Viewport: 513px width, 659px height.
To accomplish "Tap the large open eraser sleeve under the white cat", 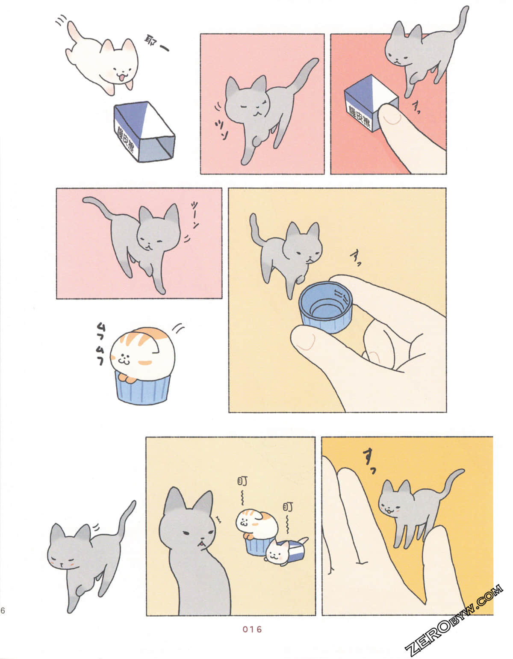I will pos(144,132).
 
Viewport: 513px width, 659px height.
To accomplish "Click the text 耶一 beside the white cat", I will pos(156,43).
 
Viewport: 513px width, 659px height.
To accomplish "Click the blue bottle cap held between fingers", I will pos(326,306).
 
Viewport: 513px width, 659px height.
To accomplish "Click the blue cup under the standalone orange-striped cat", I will pos(143,387).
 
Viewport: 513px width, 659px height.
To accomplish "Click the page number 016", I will pos(252,629).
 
